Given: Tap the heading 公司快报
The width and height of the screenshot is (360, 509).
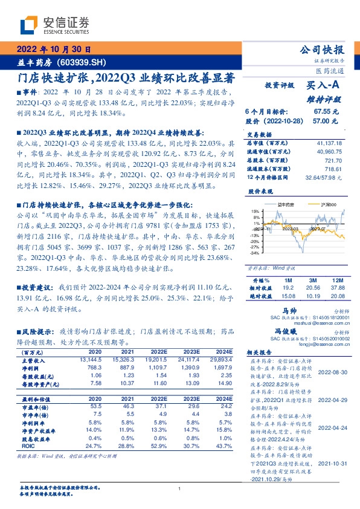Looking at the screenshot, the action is click(x=326, y=50).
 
